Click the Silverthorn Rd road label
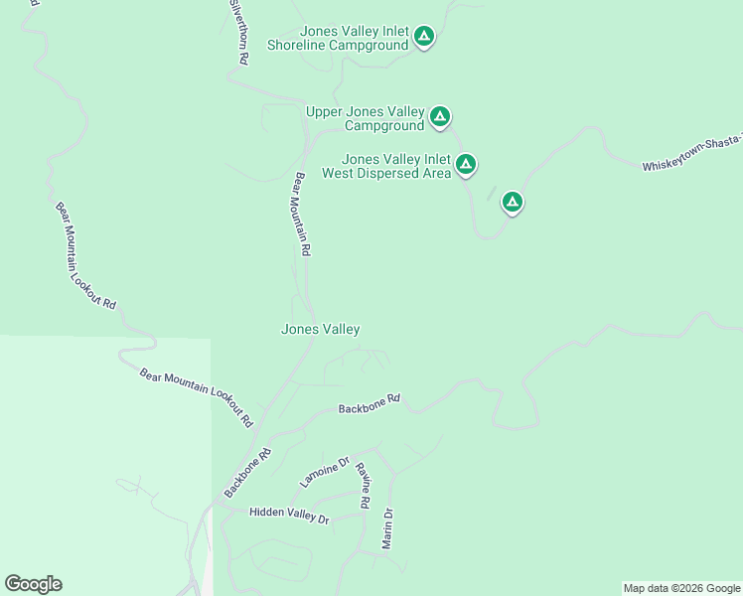(238, 33)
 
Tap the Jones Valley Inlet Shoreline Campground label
(338, 39)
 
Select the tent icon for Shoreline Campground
(424, 38)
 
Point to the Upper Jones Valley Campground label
(365, 118)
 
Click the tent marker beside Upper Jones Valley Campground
(440, 117)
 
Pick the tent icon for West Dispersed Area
(465, 164)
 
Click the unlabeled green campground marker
(513, 203)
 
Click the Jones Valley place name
(320, 329)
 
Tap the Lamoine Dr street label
(325, 472)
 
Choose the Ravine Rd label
(363, 486)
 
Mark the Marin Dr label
(387, 528)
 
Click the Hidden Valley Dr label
(288, 515)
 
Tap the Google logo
(33, 584)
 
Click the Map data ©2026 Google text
(680, 588)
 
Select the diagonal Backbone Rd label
(247, 473)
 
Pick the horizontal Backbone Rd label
(369, 403)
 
